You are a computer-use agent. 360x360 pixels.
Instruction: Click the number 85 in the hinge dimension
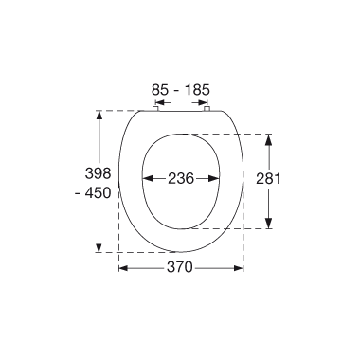click(x=160, y=90)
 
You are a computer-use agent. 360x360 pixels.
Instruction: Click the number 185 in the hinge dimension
click(x=197, y=90)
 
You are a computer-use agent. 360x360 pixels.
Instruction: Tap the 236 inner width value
click(x=181, y=179)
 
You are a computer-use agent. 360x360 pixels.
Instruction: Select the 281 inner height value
click(x=268, y=179)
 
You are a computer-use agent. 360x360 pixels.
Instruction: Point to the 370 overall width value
click(x=179, y=268)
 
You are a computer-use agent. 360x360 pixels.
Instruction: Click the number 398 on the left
click(x=99, y=173)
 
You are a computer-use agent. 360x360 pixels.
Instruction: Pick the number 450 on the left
click(x=99, y=193)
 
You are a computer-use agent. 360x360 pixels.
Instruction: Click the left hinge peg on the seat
click(x=155, y=109)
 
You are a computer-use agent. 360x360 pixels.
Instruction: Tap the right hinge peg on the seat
click(x=207, y=109)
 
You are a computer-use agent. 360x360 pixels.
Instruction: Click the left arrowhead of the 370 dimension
click(x=123, y=268)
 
